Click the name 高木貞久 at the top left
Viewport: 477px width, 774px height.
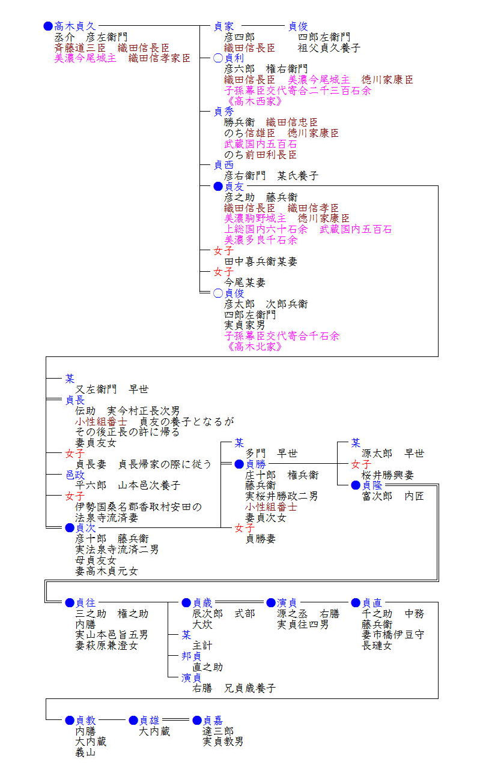click(x=75, y=26)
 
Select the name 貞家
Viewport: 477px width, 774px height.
click(x=224, y=26)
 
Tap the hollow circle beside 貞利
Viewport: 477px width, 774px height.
click(x=218, y=58)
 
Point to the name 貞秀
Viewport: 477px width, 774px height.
click(x=224, y=111)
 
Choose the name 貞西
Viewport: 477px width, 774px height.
click(x=224, y=165)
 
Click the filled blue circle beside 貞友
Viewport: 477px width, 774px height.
click(x=218, y=187)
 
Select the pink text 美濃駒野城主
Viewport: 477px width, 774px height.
click(x=255, y=218)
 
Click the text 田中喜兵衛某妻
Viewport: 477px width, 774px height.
click(x=261, y=261)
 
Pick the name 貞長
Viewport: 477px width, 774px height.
click(x=75, y=400)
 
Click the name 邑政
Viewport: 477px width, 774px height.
click(x=75, y=475)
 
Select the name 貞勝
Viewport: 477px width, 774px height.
click(x=255, y=464)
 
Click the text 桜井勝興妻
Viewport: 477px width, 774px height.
click(x=388, y=475)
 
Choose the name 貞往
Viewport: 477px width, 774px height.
click(x=85, y=602)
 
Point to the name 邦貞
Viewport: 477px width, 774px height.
click(x=192, y=656)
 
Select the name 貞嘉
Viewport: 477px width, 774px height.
click(x=213, y=720)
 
